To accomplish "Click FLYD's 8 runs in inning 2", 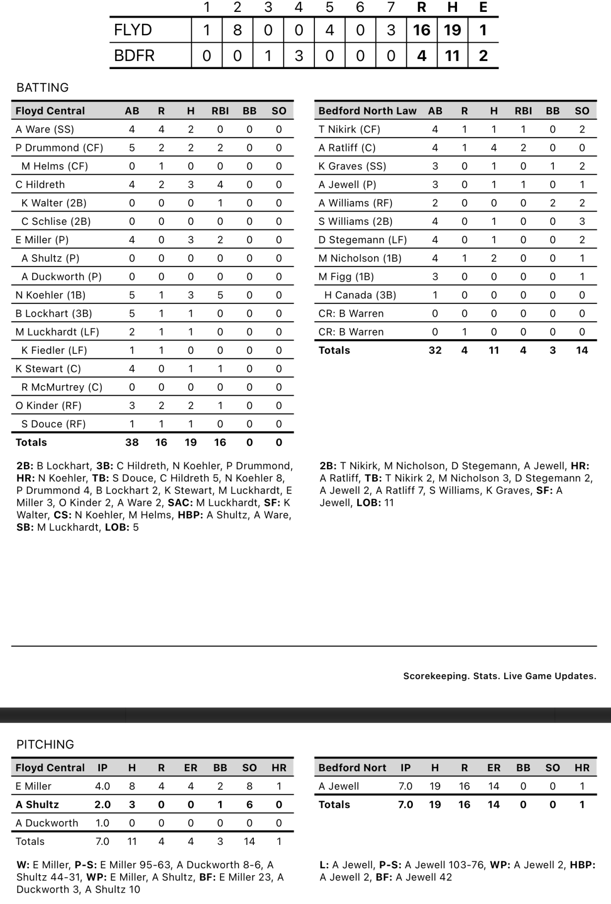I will [237, 30].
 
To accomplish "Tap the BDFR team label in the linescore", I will [134, 56].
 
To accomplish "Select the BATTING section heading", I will [43, 88].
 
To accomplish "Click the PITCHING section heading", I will [45, 744].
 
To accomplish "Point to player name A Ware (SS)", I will [45, 130].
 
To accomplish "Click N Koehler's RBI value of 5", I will [220, 295].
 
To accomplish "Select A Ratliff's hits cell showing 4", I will [494, 148].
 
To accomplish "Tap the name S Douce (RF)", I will [53, 424].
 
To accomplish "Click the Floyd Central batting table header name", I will [50, 111].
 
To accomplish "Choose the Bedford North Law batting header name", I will [367, 111].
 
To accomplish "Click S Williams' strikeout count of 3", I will [582, 221].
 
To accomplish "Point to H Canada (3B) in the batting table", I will [360, 295].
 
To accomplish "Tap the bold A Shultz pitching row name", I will [37, 804].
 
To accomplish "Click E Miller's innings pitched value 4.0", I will [102, 786].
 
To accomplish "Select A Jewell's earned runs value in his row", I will [493, 786].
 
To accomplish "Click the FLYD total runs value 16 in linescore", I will [422, 30].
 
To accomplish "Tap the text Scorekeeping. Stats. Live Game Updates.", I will [499, 676].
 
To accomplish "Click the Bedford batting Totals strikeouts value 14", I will [582, 350].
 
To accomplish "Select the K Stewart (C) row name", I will [48, 369].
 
